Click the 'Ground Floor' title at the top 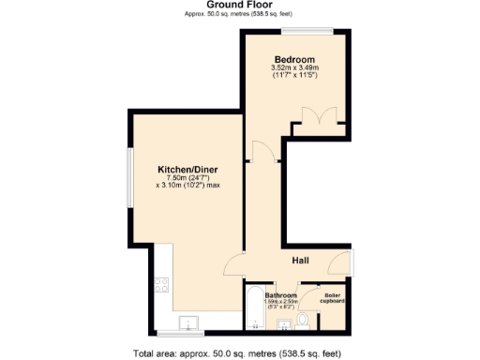pyautogui.click(x=240, y=5)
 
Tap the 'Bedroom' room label pyautogui.click(x=295, y=58)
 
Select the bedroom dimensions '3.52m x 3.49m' pyautogui.click(x=295, y=67)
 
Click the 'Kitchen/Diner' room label pyautogui.click(x=186, y=170)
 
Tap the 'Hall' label pyautogui.click(x=300, y=261)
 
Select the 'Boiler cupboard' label pyautogui.click(x=333, y=299)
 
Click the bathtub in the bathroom pyautogui.click(x=253, y=309)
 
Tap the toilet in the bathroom pyautogui.click(x=302, y=322)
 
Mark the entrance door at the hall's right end pyautogui.click(x=350, y=263)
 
